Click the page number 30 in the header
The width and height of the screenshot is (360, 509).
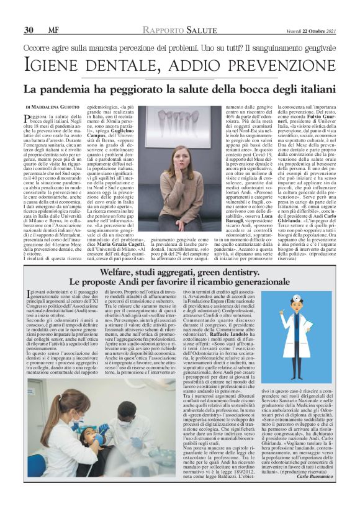pyautogui.click(x=28, y=30)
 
